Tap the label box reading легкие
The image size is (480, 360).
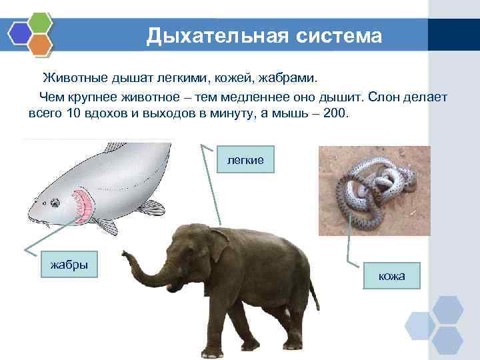[x=245, y=160]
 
